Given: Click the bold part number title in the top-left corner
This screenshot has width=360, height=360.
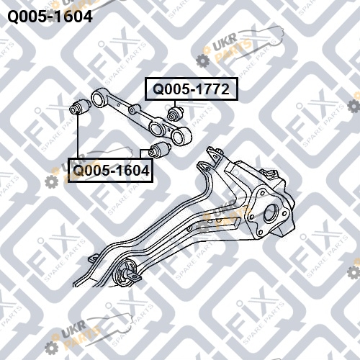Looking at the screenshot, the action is point(50,17).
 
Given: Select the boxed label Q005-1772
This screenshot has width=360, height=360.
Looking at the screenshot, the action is point(192,89).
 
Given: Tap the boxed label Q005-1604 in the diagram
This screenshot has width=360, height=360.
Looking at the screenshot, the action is point(110,170).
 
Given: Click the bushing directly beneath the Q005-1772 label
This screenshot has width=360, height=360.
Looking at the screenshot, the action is point(176,113).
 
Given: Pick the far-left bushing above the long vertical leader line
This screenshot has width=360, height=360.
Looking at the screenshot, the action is point(80,107).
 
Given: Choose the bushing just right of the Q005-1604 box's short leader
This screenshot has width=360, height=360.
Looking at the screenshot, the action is point(159,150).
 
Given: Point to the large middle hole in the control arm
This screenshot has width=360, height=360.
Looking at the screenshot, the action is point(156,127).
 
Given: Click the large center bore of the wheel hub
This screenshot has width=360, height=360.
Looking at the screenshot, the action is point(271,212).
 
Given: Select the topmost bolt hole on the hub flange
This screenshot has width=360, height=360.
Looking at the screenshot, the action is point(261,193).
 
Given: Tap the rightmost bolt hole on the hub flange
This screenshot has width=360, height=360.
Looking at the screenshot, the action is point(285,212).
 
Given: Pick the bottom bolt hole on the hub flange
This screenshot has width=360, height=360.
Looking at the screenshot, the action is point(260,233).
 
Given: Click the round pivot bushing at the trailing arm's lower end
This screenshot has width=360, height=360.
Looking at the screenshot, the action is point(125,273).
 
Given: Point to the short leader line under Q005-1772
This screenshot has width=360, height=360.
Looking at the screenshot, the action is point(175,104).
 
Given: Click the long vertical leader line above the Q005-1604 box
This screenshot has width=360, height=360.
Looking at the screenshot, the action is point(78,136).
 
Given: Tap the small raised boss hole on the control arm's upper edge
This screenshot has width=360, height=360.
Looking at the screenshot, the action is point(131,110).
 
